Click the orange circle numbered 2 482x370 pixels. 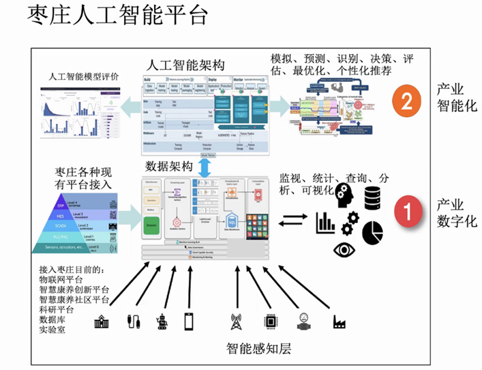pos(406,103)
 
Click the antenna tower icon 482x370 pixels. pos(237,321)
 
